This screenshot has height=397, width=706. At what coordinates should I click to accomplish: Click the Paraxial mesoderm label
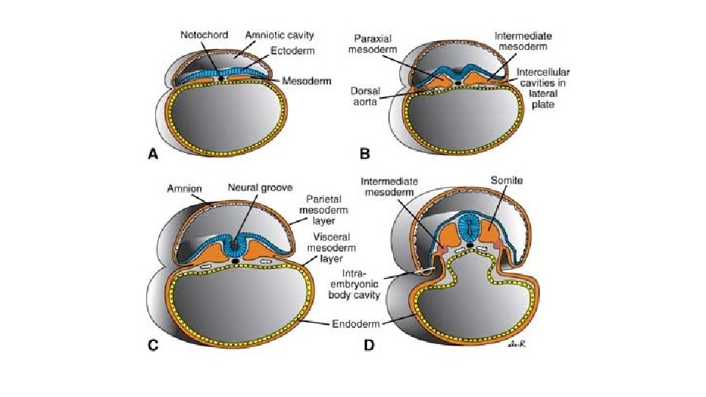[377, 43]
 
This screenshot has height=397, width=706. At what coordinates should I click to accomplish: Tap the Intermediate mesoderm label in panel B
[524, 40]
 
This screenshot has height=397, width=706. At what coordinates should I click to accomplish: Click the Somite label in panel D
[506, 179]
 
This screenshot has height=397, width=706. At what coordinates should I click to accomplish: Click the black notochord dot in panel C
[235, 260]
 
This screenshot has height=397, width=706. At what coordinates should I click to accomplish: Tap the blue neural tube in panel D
[468, 228]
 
